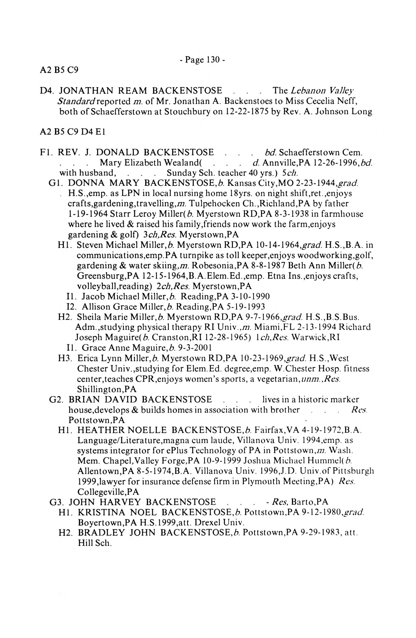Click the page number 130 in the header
click(214, 60)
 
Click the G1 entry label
click(56, 183)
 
